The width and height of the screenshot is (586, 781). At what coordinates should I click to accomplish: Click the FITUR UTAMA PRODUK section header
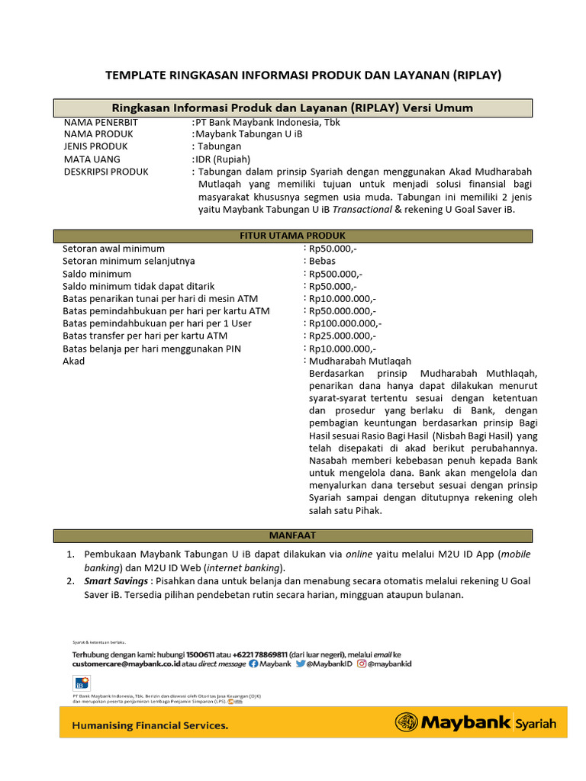point(292,236)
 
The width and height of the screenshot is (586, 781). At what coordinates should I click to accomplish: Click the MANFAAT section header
point(292,535)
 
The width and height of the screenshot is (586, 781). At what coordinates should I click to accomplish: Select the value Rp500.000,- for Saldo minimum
point(336,274)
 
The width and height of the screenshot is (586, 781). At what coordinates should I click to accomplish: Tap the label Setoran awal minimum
point(113,249)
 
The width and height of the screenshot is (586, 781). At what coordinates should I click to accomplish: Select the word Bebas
point(322,261)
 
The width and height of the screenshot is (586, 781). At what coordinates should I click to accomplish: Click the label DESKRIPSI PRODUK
point(106,172)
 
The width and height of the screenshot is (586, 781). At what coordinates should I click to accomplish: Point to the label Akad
point(73,361)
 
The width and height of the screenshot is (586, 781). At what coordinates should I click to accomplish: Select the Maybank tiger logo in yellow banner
point(405,722)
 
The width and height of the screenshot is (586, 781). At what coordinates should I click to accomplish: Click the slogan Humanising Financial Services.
point(150,725)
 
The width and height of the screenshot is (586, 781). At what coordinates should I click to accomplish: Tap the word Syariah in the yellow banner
point(536,722)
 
